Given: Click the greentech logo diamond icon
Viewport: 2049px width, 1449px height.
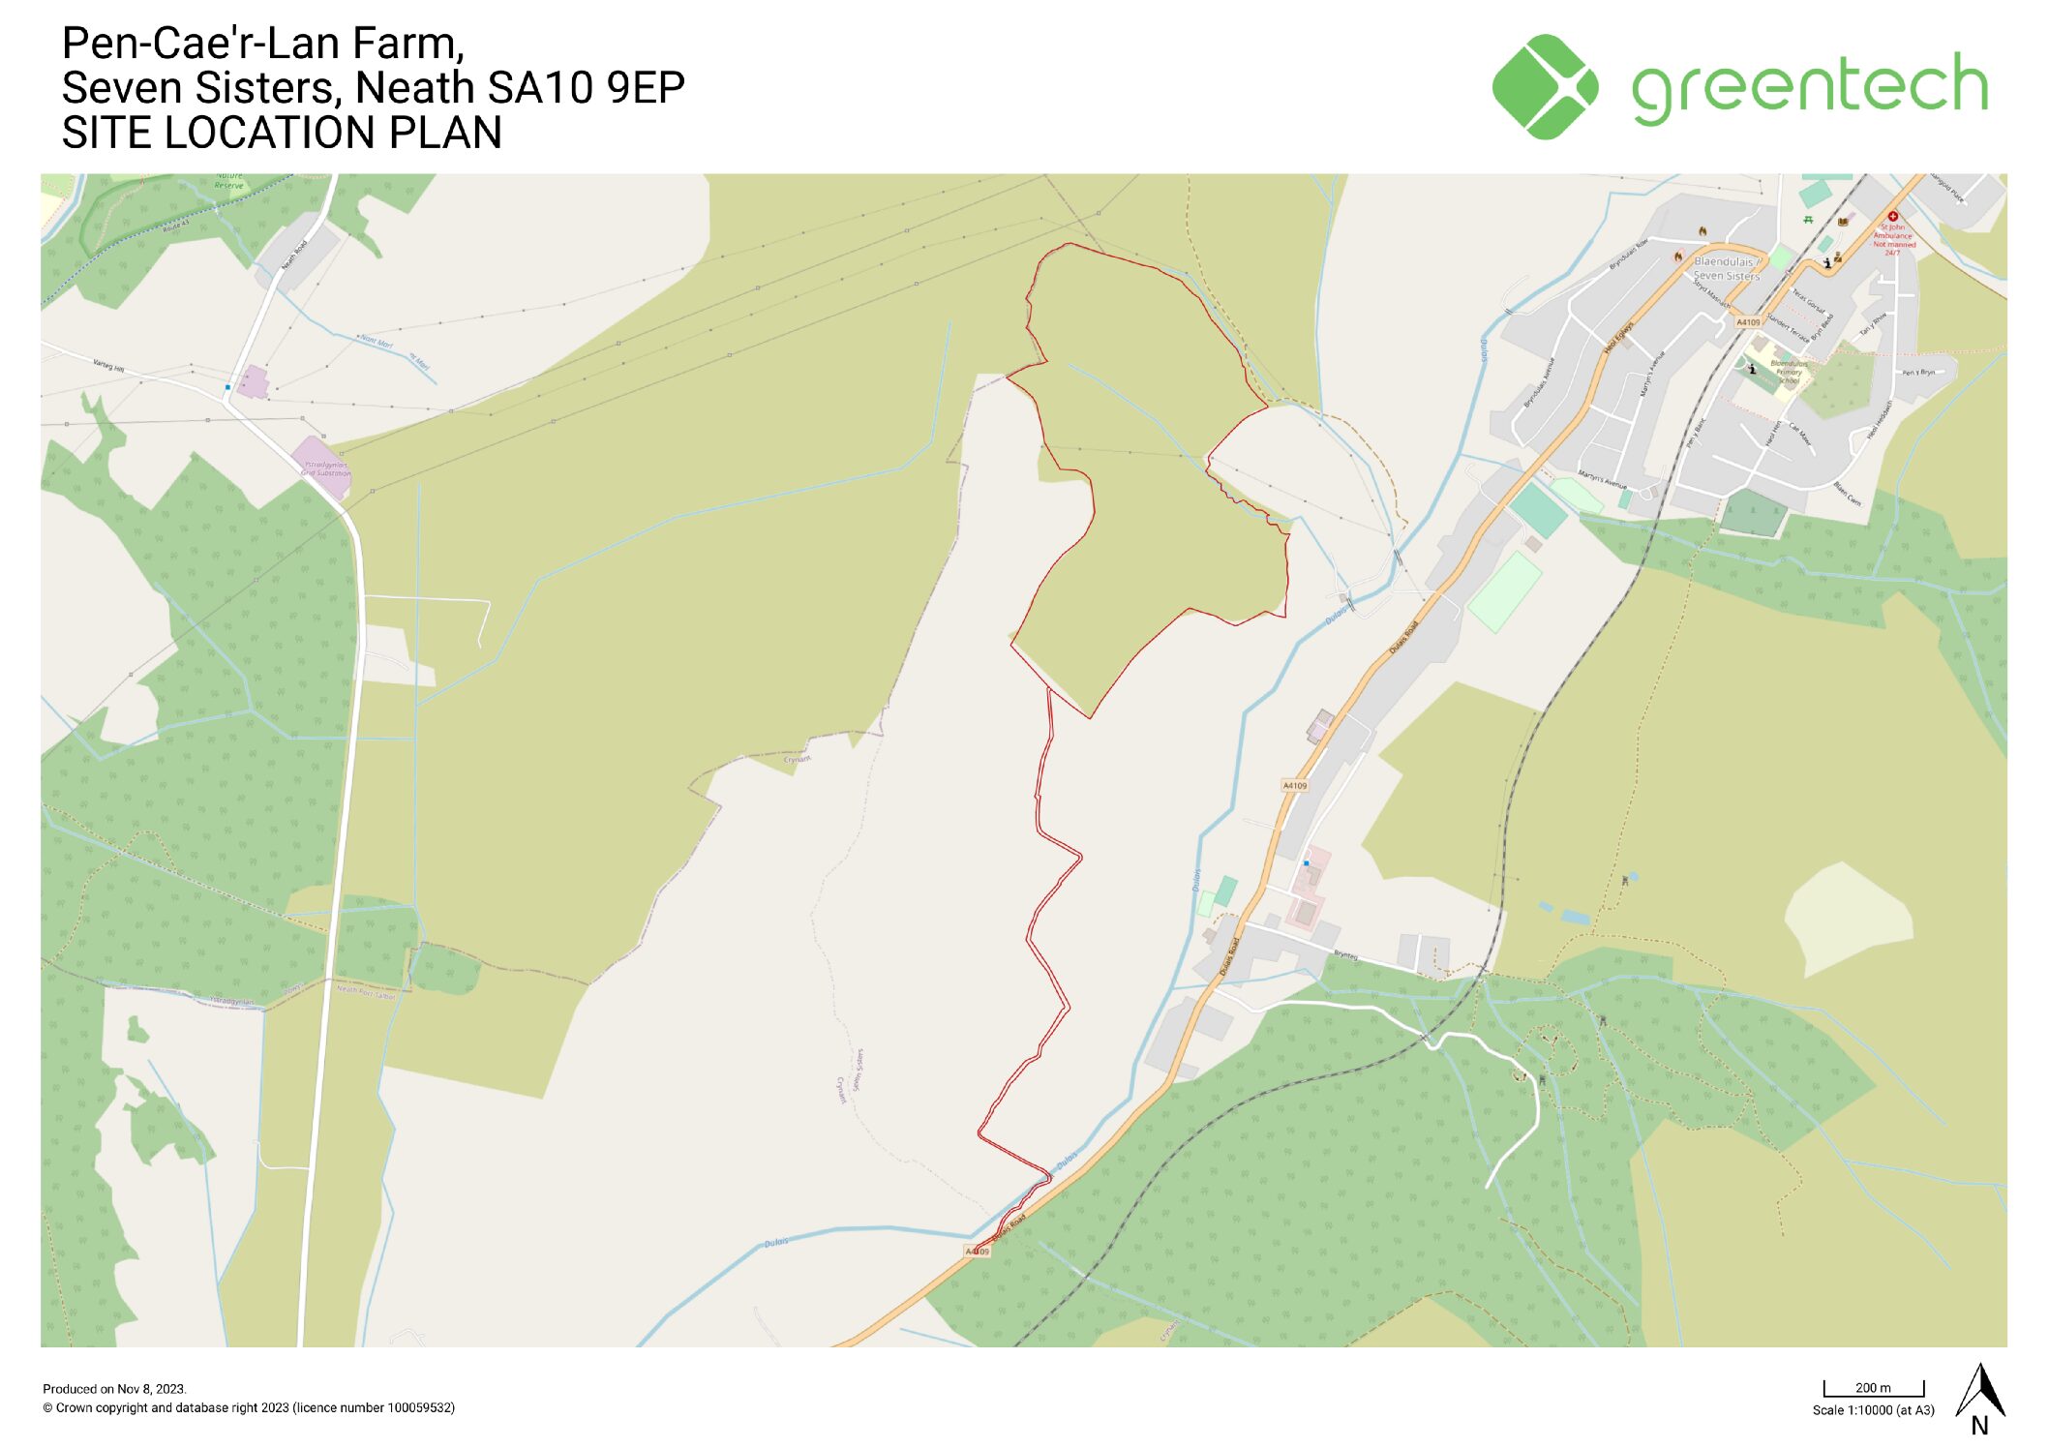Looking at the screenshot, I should pos(1544,87).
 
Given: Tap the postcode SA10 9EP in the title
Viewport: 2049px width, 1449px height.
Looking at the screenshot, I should pos(587,88).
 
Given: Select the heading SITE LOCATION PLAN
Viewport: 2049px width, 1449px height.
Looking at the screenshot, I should pos(282,133).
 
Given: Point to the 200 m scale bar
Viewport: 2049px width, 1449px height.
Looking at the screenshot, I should pos(1873,1389).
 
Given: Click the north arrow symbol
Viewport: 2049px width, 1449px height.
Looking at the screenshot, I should pos(1979,1394).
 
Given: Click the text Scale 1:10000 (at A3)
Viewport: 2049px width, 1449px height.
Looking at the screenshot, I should pos(1873,1410).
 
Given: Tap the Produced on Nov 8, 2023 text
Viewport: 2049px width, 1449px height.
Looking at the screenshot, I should pos(114,1389).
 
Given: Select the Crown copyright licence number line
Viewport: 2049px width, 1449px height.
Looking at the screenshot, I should pos(248,1408).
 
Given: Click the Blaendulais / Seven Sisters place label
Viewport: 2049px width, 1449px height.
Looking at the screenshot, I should pos(1726,269).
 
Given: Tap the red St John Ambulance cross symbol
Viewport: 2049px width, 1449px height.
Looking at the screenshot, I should pos(1893,217).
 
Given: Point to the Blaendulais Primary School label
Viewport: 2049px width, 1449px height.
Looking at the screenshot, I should pos(1788,372).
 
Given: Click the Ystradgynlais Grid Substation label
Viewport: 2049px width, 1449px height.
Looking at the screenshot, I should pos(327,469).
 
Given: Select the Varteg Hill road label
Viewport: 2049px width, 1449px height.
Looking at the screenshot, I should pos(108,366).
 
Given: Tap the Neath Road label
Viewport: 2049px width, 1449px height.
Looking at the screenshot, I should pos(294,255).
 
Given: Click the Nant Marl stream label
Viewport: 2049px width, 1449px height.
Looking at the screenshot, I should pos(377,342).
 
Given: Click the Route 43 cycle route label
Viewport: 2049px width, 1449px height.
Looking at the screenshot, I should pos(176,226).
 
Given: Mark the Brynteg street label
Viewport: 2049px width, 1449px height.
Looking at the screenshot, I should pos(1345,955).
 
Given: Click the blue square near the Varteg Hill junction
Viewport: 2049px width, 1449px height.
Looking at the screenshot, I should pos(227,387).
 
